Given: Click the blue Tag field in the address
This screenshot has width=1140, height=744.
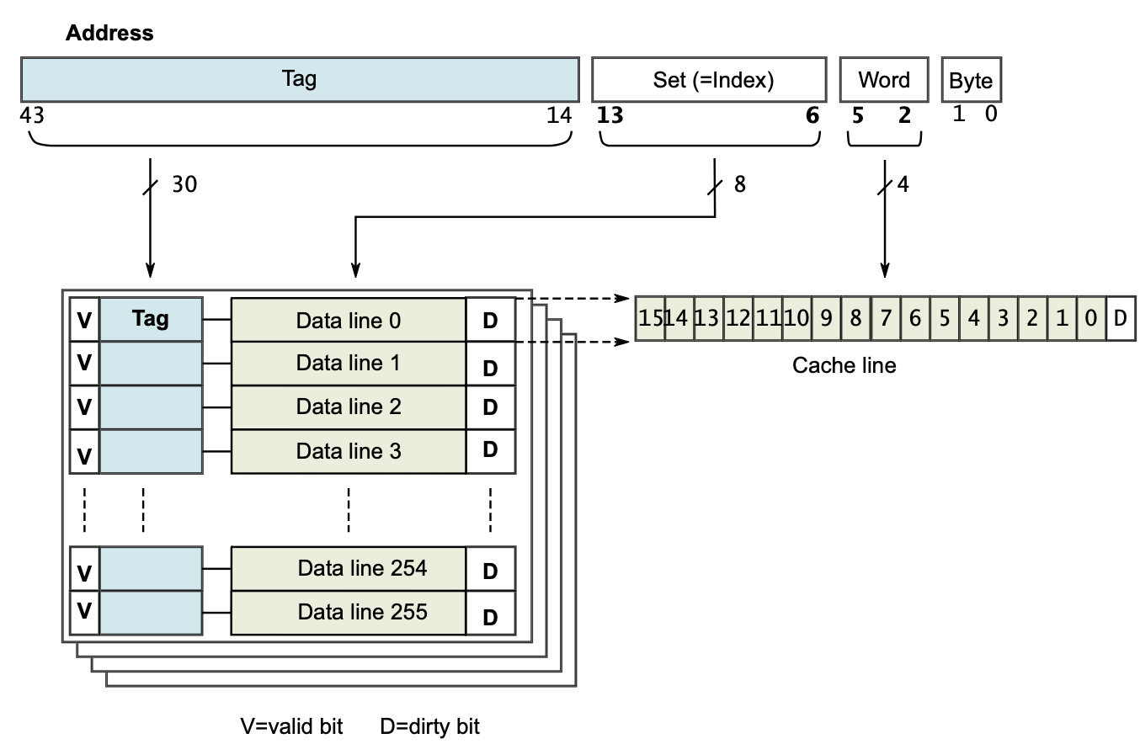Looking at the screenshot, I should point(300,79).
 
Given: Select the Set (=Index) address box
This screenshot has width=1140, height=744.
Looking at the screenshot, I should point(709,79).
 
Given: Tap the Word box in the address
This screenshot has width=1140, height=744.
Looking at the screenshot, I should point(884,79).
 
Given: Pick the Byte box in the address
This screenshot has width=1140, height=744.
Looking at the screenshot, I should point(971,80).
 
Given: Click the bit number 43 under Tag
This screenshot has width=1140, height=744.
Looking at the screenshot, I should point(31,114).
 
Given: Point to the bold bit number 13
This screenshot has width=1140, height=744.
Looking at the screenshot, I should point(610,115).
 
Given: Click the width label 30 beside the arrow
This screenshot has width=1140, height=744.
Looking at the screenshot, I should point(184,184).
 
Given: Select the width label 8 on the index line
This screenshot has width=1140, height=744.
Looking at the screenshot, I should point(739,184).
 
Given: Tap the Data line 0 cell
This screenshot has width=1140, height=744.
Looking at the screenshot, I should point(349,320).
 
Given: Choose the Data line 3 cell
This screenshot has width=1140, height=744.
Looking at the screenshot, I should point(349,451).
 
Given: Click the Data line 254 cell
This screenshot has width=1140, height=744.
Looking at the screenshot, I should point(349,568).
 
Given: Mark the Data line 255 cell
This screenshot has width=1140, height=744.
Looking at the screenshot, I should point(349,612).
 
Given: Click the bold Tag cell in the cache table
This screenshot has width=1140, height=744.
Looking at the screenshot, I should point(151,319).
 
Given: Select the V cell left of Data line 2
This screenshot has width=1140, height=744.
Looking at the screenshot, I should point(84,407).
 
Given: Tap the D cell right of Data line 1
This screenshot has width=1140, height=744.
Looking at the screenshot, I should point(490,368).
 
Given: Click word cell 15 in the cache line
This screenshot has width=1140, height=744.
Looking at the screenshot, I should point(650,319).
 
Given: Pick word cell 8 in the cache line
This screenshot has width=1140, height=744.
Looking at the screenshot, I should point(855,319).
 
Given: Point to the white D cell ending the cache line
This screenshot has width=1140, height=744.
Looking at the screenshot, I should point(1120,319).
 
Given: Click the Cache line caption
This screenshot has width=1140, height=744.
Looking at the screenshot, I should point(844,365).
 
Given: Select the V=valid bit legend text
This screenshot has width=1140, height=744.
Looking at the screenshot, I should point(292,726).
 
